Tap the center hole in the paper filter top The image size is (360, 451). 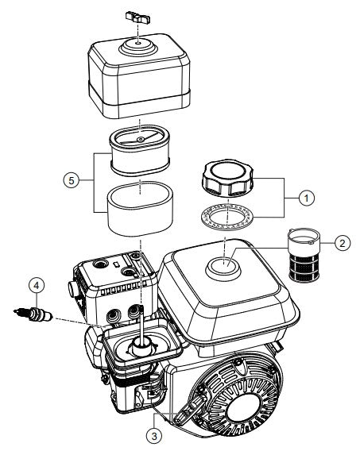click(139, 138)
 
